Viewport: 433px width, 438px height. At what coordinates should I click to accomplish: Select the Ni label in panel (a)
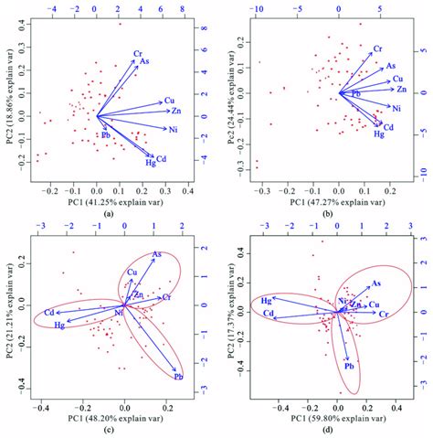[x=173, y=130]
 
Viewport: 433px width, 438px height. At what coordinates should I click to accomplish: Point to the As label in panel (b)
[x=390, y=66]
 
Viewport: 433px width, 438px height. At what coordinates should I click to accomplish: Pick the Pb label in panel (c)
[x=178, y=376]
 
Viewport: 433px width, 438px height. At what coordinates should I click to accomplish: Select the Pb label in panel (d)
[x=349, y=366]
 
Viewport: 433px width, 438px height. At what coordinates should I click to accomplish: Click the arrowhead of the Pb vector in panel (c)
[x=175, y=369]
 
